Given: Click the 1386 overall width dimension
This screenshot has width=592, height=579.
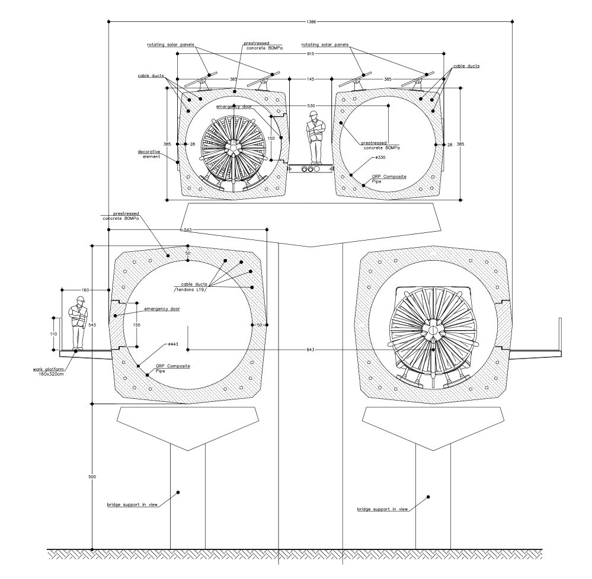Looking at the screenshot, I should pyautogui.click(x=312, y=21).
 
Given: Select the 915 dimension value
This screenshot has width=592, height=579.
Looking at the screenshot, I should pyautogui.click(x=311, y=54).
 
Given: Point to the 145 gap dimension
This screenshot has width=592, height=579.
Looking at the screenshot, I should pyautogui.click(x=311, y=79).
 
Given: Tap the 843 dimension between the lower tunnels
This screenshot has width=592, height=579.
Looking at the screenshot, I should pyautogui.click(x=310, y=350).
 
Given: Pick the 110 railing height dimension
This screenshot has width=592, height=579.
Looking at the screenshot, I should pyautogui.click(x=53, y=334).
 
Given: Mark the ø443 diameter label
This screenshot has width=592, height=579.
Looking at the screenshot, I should pyautogui.click(x=173, y=344).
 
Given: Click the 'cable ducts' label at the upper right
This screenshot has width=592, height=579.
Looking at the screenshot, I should pyautogui.click(x=466, y=66).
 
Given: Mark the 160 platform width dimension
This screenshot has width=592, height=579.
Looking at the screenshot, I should pyautogui.click(x=85, y=290).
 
